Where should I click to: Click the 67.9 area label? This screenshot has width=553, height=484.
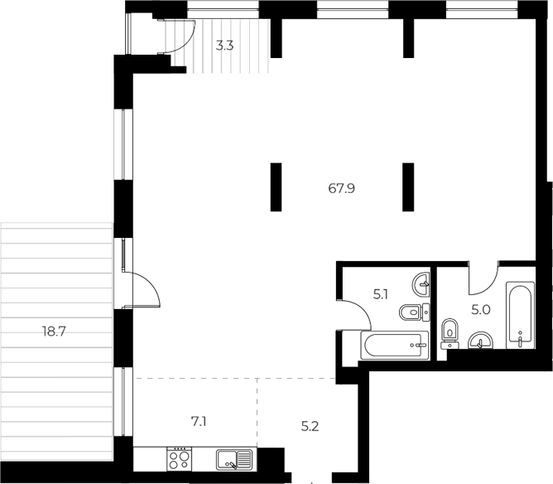click(341, 188)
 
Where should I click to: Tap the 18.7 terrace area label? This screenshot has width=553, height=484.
click(54, 332)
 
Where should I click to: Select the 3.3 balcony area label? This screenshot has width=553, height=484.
click(224, 46)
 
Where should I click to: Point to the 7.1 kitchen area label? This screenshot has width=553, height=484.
click(199, 422)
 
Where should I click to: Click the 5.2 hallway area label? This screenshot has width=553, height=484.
click(310, 427)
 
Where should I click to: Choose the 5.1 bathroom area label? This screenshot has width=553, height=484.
click(381, 294)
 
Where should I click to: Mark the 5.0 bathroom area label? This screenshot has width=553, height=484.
click(481, 310)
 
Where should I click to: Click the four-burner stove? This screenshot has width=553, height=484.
click(179, 458)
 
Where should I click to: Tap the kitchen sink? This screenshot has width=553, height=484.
click(234, 460)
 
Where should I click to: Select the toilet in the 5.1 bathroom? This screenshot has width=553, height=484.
click(415, 312)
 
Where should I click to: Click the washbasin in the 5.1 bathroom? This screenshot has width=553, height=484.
click(421, 283)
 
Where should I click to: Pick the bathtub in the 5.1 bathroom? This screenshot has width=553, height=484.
click(395, 345)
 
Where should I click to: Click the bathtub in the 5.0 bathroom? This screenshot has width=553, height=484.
click(520, 315)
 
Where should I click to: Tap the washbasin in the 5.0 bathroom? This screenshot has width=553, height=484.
click(480, 341)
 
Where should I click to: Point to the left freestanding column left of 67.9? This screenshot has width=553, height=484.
click(276, 187)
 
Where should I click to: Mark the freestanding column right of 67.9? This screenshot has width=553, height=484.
click(408, 187)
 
